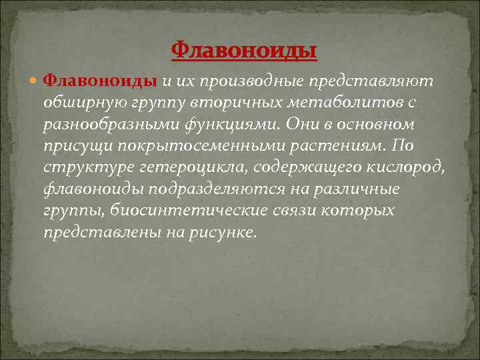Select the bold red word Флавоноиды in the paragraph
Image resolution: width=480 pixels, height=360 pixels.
(x=100, y=81)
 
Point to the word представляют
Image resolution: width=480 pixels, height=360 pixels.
(x=371, y=81)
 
